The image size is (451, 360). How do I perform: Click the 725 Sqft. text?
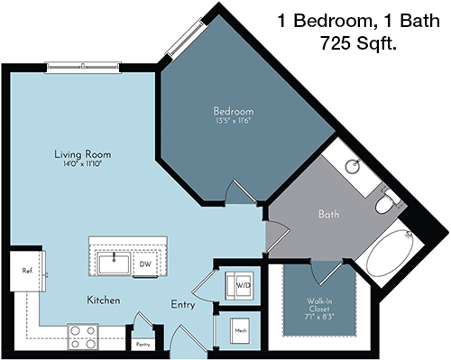coord(358,42)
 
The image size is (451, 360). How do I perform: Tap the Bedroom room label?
coord(234,111)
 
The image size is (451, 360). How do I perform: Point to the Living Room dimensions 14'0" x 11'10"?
coord(82,164)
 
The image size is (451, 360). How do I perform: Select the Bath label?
coord(328,215)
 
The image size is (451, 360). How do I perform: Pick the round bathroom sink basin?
coord(352,166)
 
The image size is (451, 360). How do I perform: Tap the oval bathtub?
coord(391,253)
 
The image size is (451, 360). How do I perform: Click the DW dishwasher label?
coord(145,264)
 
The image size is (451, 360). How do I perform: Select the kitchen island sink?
coord(114,263)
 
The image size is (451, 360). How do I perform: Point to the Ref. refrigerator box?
coord(28,271)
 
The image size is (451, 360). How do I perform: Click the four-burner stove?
coord(83,337)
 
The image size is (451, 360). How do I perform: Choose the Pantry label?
coord(143,345)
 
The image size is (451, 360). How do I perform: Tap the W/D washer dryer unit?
coord(240,286)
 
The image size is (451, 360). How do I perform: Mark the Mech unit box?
coord(240,331)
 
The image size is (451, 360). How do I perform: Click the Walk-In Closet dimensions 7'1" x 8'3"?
coord(319,317)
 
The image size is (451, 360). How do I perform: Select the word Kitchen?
coord(104,300)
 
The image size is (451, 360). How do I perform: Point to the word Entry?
coord(183,305)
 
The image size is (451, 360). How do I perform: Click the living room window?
coord(83,66)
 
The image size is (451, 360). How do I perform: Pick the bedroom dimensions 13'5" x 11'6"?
coord(234,121)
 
